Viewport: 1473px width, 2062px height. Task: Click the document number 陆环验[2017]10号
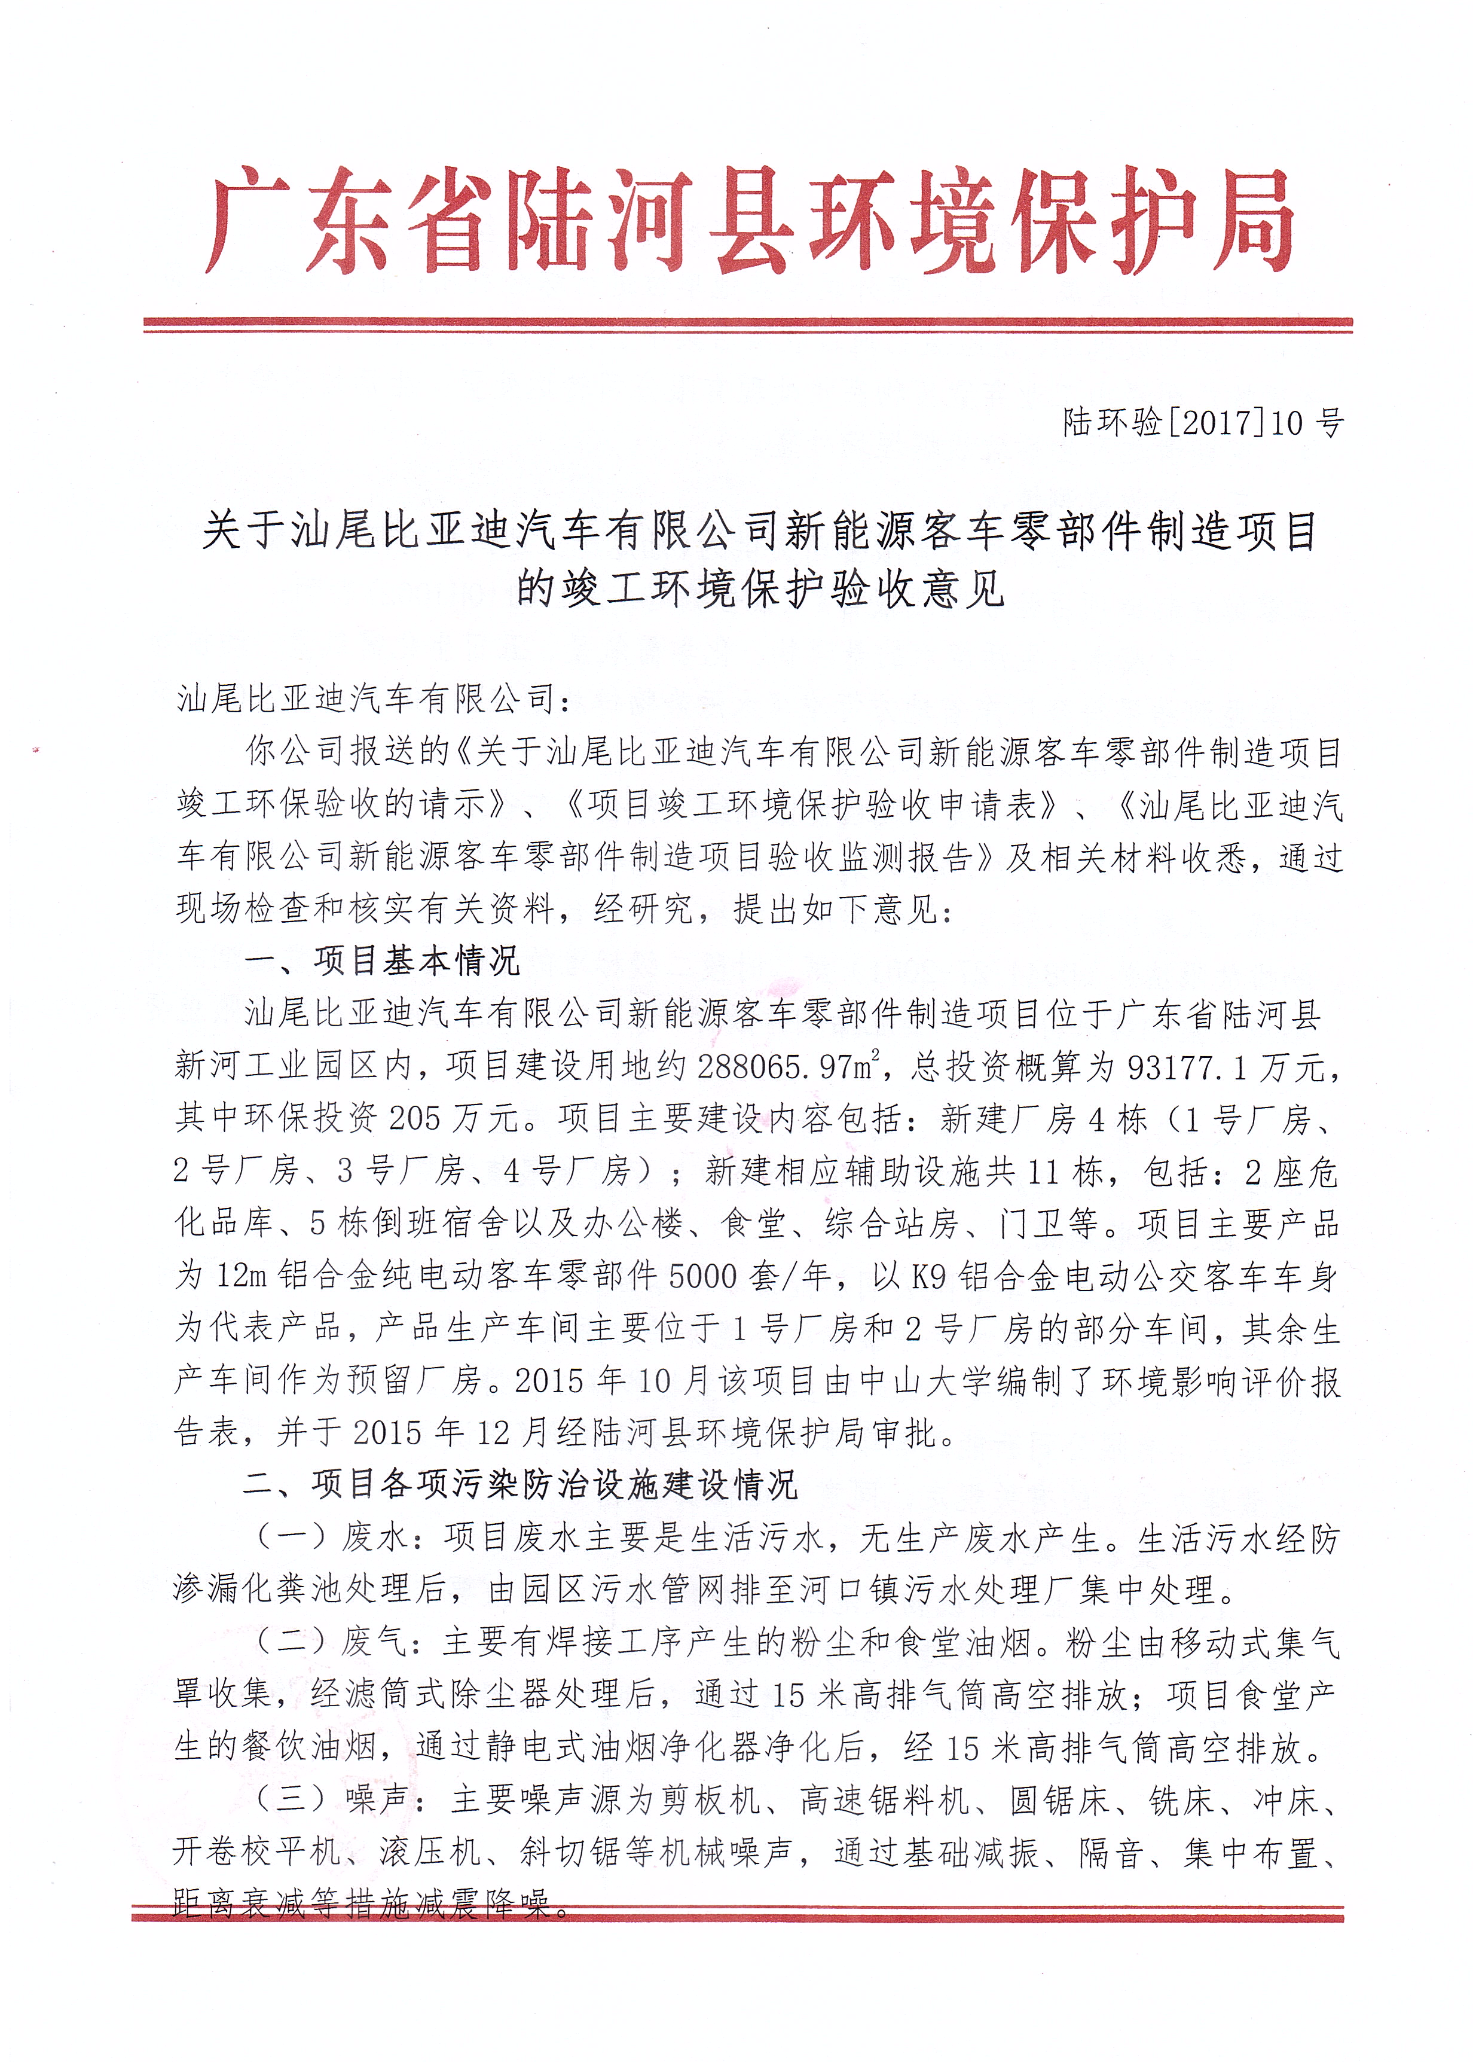pos(1203,423)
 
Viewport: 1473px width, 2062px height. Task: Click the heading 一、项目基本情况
pos(382,960)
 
